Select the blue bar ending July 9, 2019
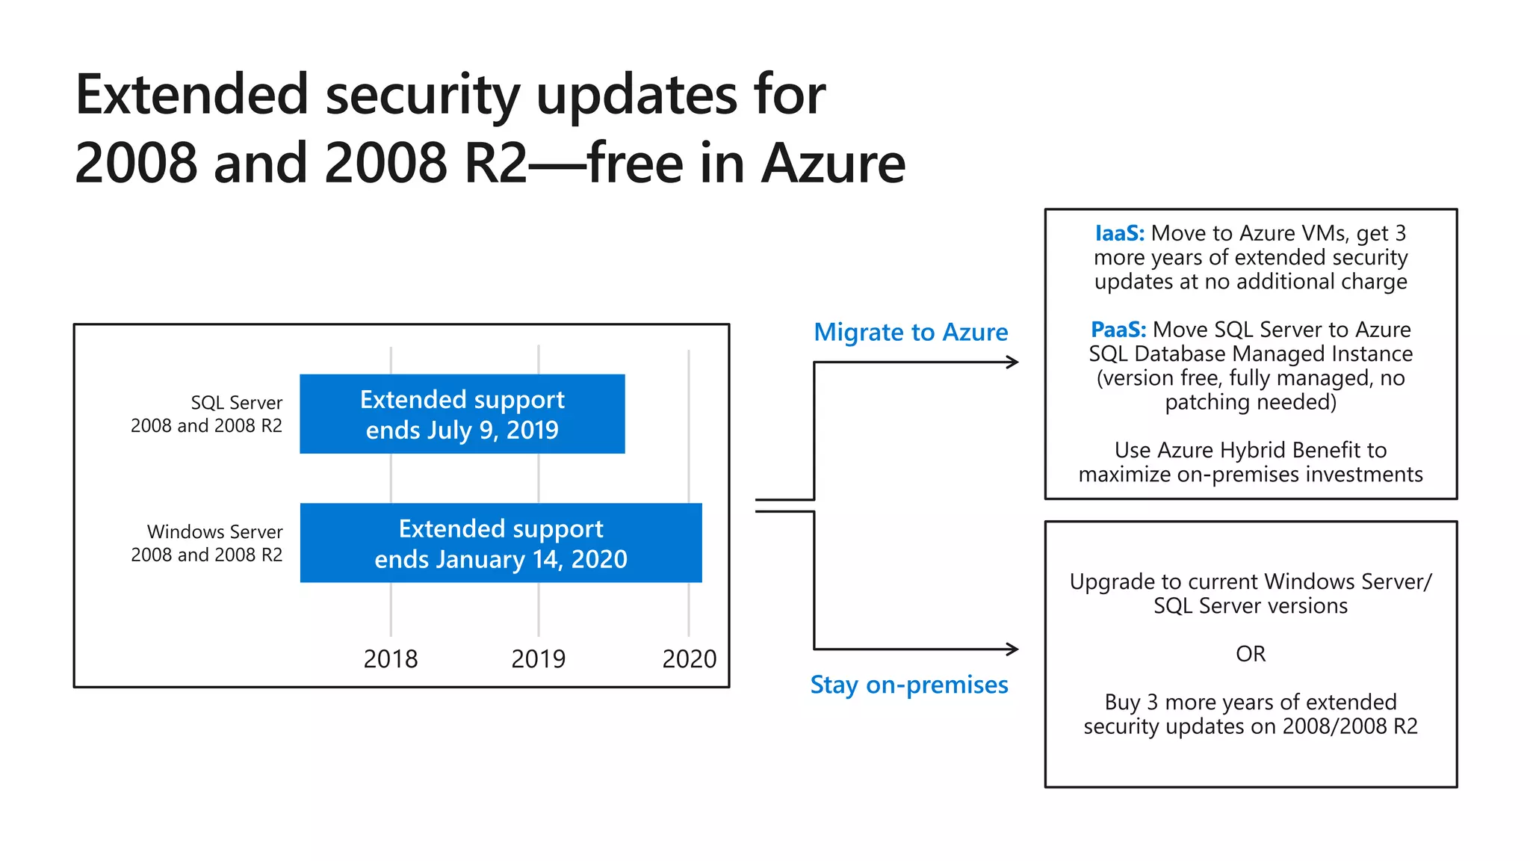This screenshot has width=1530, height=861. (462, 414)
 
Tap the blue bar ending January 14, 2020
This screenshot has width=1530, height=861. (501, 543)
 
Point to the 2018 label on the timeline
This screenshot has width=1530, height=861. (390, 659)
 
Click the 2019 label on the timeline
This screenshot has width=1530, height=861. (538, 659)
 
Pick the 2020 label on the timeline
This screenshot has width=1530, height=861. (689, 659)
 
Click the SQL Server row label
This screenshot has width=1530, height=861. (207, 414)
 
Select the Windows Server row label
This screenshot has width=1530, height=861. (207, 543)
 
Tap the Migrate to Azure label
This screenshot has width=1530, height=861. (911, 332)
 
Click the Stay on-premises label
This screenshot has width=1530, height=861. (909, 685)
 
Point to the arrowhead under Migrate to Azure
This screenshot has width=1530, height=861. (1012, 362)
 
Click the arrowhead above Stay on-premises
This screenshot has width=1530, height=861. (1012, 649)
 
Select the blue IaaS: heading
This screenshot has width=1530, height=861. (1119, 233)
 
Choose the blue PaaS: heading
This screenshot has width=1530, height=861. (1118, 330)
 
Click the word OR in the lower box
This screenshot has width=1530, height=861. (1251, 654)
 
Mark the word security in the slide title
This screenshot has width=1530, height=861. (422, 96)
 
